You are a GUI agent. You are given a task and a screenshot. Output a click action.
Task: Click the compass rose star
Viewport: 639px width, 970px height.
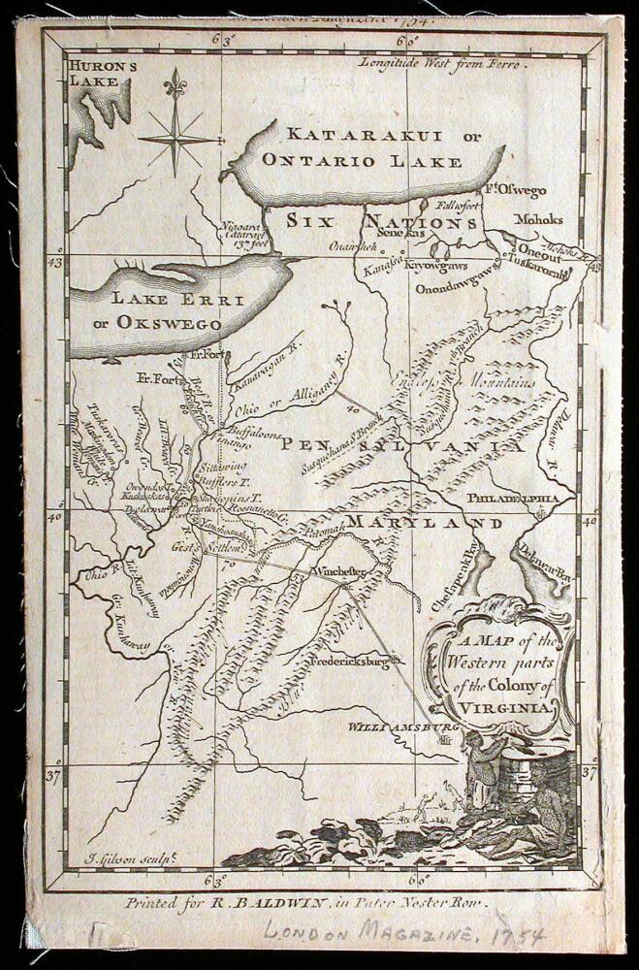pyautogui.click(x=176, y=137)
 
